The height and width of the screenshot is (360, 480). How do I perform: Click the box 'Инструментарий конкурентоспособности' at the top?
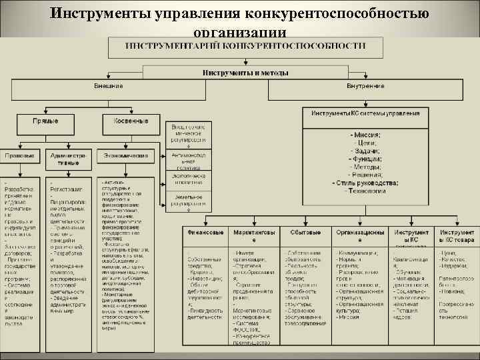pyautogui.click(x=246, y=46)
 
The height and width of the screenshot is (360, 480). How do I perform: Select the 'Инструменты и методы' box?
pyautogui.click(x=246, y=72)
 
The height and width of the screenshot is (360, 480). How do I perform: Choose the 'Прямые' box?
pyautogui.click(x=46, y=121)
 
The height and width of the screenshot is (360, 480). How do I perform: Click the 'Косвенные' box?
pyautogui.click(x=131, y=121)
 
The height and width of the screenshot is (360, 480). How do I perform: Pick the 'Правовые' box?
pyautogui.click(x=20, y=155)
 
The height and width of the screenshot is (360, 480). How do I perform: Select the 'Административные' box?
pyautogui.click(x=69, y=159)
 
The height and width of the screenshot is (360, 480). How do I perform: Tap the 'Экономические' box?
pyautogui.click(x=125, y=155)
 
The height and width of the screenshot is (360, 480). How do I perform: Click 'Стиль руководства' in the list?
pyautogui.click(x=365, y=183)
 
